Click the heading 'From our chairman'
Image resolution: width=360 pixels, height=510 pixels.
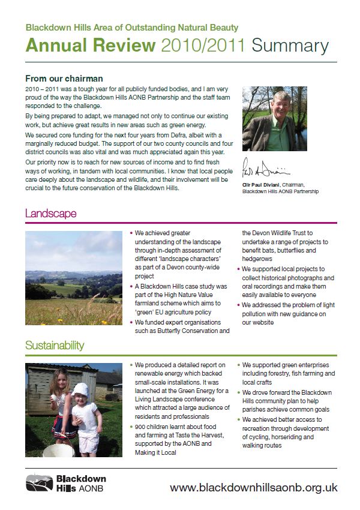64,79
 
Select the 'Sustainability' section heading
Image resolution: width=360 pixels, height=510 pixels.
55,346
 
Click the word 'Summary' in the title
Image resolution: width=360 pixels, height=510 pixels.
290,46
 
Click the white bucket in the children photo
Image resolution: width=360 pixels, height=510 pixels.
61,450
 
